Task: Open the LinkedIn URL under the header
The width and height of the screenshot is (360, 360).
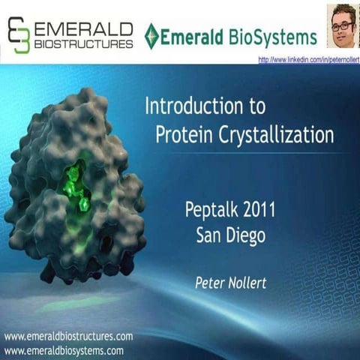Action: [308, 59]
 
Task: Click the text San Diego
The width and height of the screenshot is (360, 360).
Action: [229, 235]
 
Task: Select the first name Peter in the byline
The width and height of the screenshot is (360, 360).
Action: [212, 283]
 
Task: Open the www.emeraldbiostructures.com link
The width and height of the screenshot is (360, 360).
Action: [68, 336]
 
